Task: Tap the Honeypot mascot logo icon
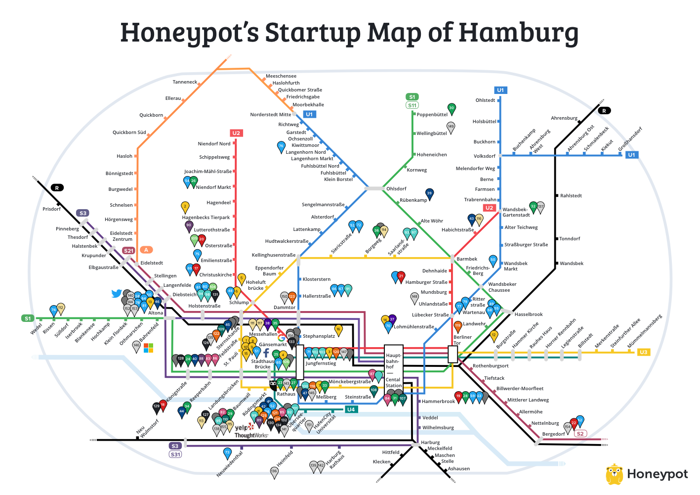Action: (x=614, y=474)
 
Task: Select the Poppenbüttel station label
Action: (x=432, y=115)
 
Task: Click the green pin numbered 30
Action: (x=451, y=108)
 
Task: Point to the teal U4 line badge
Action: (x=350, y=409)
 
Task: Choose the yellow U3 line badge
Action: (x=643, y=352)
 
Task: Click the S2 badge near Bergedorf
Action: (x=580, y=434)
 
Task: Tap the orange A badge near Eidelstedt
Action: (x=146, y=250)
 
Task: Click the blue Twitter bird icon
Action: (x=117, y=294)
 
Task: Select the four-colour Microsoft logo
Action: (x=148, y=348)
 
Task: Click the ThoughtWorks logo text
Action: (x=251, y=436)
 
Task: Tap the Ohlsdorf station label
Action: (x=396, y=189)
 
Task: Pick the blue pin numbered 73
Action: (x=227, y=452)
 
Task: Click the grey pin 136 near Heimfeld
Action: (x=274, y=472)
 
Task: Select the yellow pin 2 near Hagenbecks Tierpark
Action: (x=185, y=206)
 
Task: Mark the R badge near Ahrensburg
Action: (x=604, y=111)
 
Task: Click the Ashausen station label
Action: (x=459, y=469)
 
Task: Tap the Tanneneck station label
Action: (x=185, y=82)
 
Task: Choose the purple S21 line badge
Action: (x=128, y=251)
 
